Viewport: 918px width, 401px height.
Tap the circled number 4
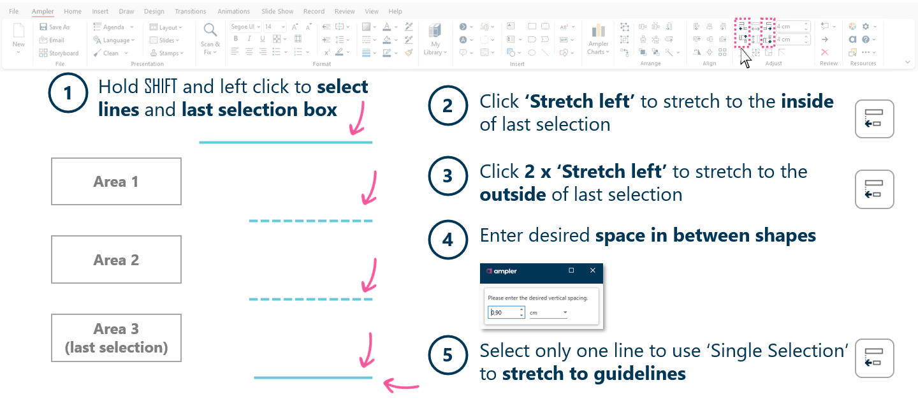448,240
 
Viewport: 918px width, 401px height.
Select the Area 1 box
116,182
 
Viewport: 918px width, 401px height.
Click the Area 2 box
116,259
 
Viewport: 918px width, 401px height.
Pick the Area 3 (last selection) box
116,338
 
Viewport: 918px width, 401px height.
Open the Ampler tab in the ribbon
43,11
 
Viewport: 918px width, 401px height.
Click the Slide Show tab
277,11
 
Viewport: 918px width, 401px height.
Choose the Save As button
55,27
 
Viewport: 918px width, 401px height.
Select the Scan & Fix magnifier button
210,38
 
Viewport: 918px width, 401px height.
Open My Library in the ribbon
435,40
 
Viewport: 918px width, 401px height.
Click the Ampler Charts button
598,40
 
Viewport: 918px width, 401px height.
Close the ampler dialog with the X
593,271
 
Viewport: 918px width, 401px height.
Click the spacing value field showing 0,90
503,313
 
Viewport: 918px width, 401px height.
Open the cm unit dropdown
565,313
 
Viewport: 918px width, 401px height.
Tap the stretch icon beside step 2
874,119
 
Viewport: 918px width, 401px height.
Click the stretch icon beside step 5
874,358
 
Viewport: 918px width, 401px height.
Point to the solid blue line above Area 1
286,142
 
